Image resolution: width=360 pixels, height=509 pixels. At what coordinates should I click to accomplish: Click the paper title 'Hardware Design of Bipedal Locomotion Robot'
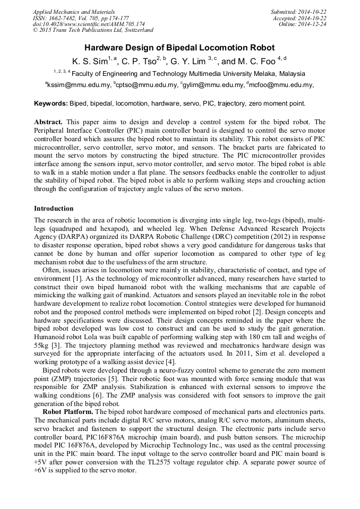pyautogui.click(x=180, y=48)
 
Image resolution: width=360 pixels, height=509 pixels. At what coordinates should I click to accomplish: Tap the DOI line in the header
pyautogui.click(x=89, y=24)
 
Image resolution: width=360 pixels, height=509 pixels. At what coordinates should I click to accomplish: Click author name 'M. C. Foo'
pyautogui.click(x=257, y=61)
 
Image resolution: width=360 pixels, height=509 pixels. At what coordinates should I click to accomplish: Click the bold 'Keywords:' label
pyautogui.click(x=50, y=103)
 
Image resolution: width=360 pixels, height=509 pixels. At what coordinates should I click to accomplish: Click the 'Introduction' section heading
pyautogui.click(x=54, y=209)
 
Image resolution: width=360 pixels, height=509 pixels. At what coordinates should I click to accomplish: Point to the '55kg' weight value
pyautogui.click(x=42, y=345)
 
